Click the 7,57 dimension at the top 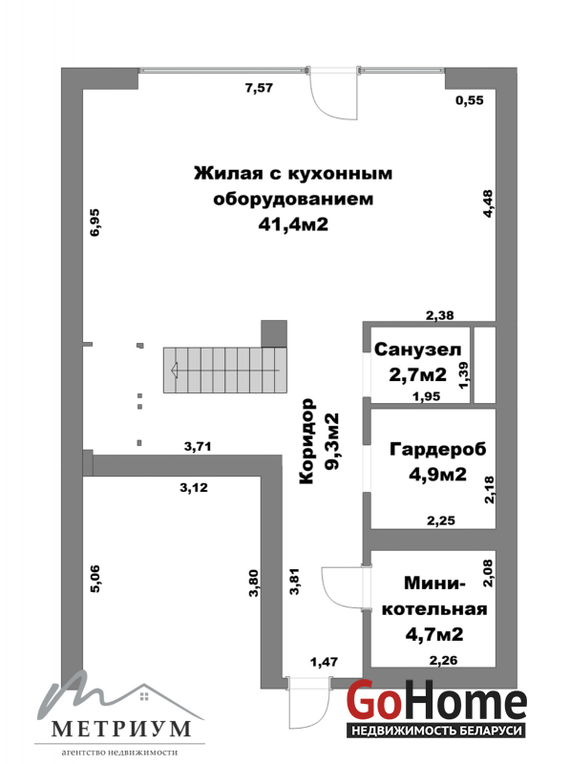(x=259, y=88)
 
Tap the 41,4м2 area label (x=293, y=224)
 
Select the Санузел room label (x=417, y=350)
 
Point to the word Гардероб (x=438, y=449)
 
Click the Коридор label (x=306, y=442)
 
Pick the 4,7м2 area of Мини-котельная (x=434, y=634)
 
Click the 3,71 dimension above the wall (x=198, y=446)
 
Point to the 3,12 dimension (x=194, y=487)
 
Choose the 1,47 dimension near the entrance (x=324, y=662)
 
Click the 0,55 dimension (x=470, y=100)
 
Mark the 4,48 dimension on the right (x=488, y=203)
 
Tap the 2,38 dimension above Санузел (x=440, y=316)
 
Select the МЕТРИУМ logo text (x=121, y=729)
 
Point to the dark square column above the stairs (x=274, y=333)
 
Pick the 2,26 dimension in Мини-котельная (x=443, y=661)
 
